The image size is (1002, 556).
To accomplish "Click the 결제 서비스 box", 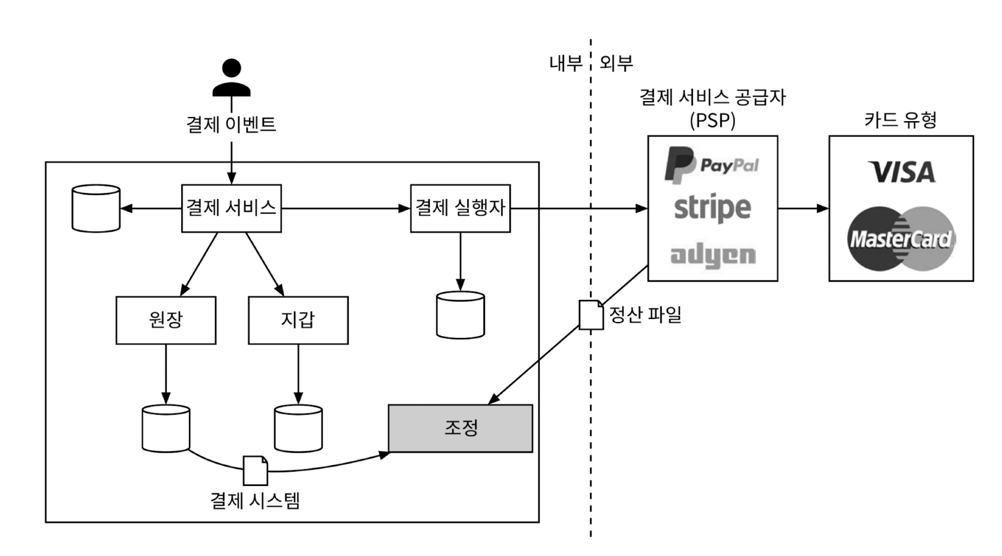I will pos(231,208).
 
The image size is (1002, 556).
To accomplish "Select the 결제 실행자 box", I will pos(460,208).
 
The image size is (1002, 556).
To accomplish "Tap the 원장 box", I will pos(166,320).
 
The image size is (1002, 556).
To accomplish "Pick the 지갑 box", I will pos(298,320).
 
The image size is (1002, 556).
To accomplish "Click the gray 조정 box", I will pos(460,428).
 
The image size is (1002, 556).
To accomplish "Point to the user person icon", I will pos(231,78).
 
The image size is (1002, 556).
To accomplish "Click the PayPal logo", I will pos(711,165).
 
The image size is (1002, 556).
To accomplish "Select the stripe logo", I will pos(712,208).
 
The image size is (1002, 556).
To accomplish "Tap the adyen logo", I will pos(713,255).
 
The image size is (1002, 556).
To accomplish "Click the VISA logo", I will pos(901,172).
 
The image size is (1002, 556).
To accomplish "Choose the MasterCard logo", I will pos(901,239).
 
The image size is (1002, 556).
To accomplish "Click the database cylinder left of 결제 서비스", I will pos(96,208).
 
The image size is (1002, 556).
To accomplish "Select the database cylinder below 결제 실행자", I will pos(460,315).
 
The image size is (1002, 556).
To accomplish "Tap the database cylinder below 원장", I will pos(166,428).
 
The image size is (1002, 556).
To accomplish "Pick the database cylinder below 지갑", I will pos(298,428).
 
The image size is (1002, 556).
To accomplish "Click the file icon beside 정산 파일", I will pos(591,315).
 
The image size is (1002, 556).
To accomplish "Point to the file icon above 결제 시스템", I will pos(255,470).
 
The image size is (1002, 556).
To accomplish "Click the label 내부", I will pos(566,63).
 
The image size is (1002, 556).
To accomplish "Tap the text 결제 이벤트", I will pos(231,124).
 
